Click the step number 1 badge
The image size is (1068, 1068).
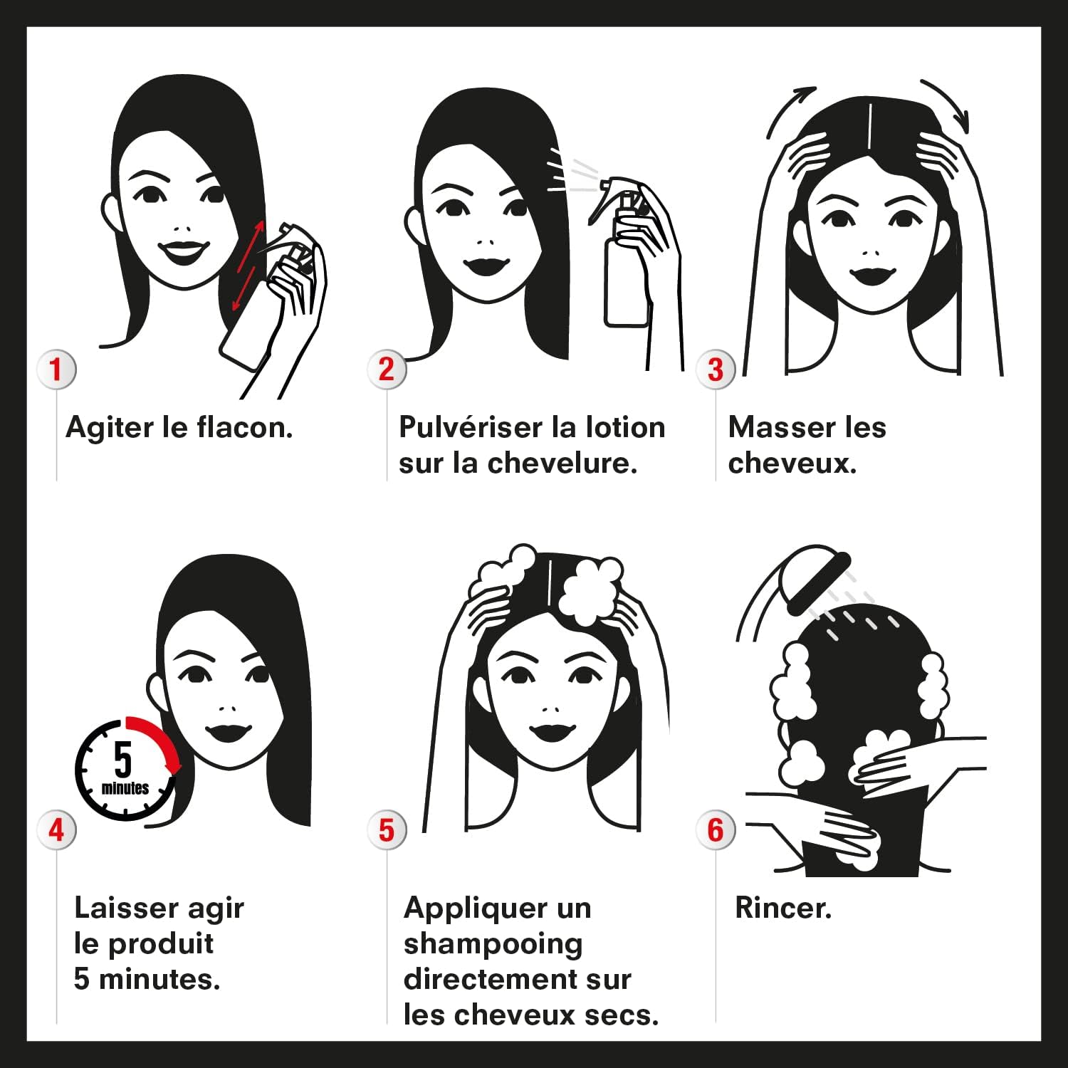click(x=56, y=370)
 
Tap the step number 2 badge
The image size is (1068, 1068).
click(x=387, y=370)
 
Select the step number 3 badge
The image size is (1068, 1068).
click(x=716, y=370)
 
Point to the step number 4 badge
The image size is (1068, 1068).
click(x=56, y=830)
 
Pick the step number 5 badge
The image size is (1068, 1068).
click(x=387, y=830)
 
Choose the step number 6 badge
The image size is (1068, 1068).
click(x=716, y=830)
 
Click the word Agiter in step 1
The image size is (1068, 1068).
click(x=110, y=428)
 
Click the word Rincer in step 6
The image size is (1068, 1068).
click(x=782, y=908)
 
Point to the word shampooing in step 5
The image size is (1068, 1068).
click(x=493, y=945)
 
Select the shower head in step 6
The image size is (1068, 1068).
click(x=815, y=578)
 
